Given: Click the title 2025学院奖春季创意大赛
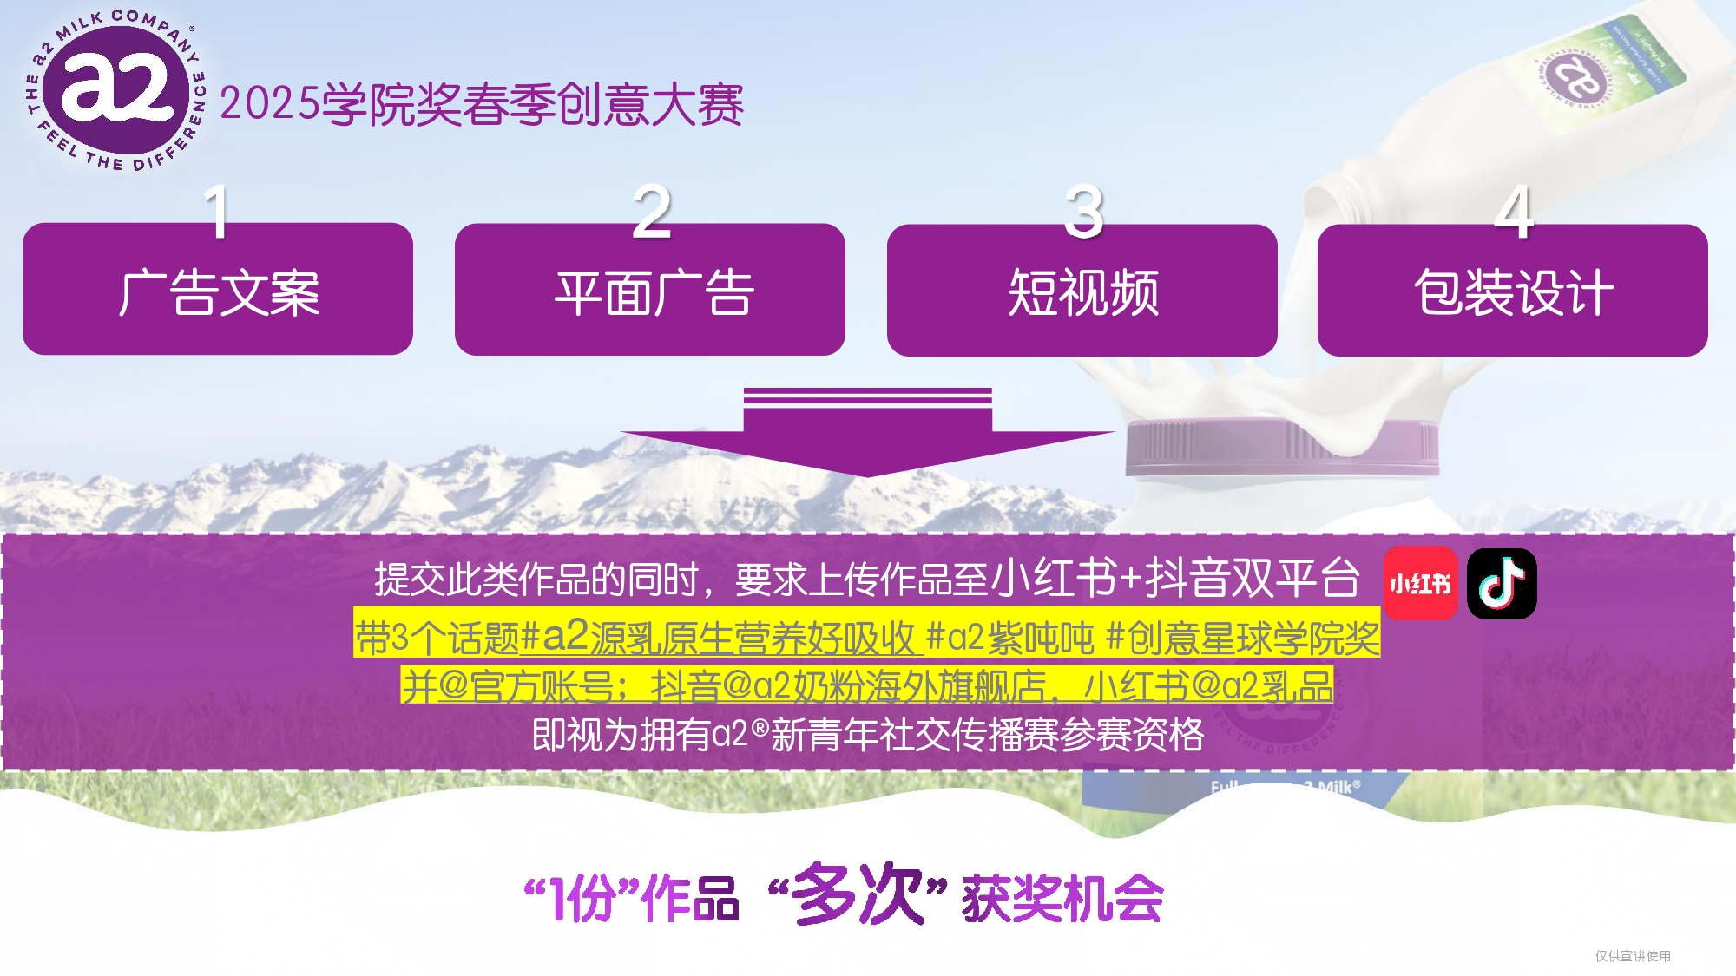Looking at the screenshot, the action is tap(482, 105).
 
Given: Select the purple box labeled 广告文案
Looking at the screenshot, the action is tap(218, 289).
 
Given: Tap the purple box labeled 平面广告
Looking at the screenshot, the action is tap(650, 290).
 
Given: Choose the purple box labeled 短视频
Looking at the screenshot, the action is tap(1082, 290).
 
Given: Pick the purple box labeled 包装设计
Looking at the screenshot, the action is tap(1513, 290).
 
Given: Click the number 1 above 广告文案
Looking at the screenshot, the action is tap(217, 211).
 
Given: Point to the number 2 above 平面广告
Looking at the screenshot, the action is tap(652, 211).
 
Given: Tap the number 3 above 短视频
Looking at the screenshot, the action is tap(1084, 211).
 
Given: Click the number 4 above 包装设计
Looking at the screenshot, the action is tap(1514, 211).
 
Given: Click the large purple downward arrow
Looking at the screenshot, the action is tap(867, 432).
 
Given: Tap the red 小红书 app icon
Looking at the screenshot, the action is tap(1420, 583).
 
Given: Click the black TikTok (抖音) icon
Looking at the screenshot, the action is tap(1502, 583).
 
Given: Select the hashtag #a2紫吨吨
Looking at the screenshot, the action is tap(1010, 639).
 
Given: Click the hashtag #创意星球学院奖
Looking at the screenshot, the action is tap(1243, 639).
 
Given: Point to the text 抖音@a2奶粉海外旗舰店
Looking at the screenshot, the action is tap(849, 686).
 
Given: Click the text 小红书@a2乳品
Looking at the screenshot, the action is tap(1208, 686).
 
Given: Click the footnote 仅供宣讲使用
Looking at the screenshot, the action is tap(1633, 955).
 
